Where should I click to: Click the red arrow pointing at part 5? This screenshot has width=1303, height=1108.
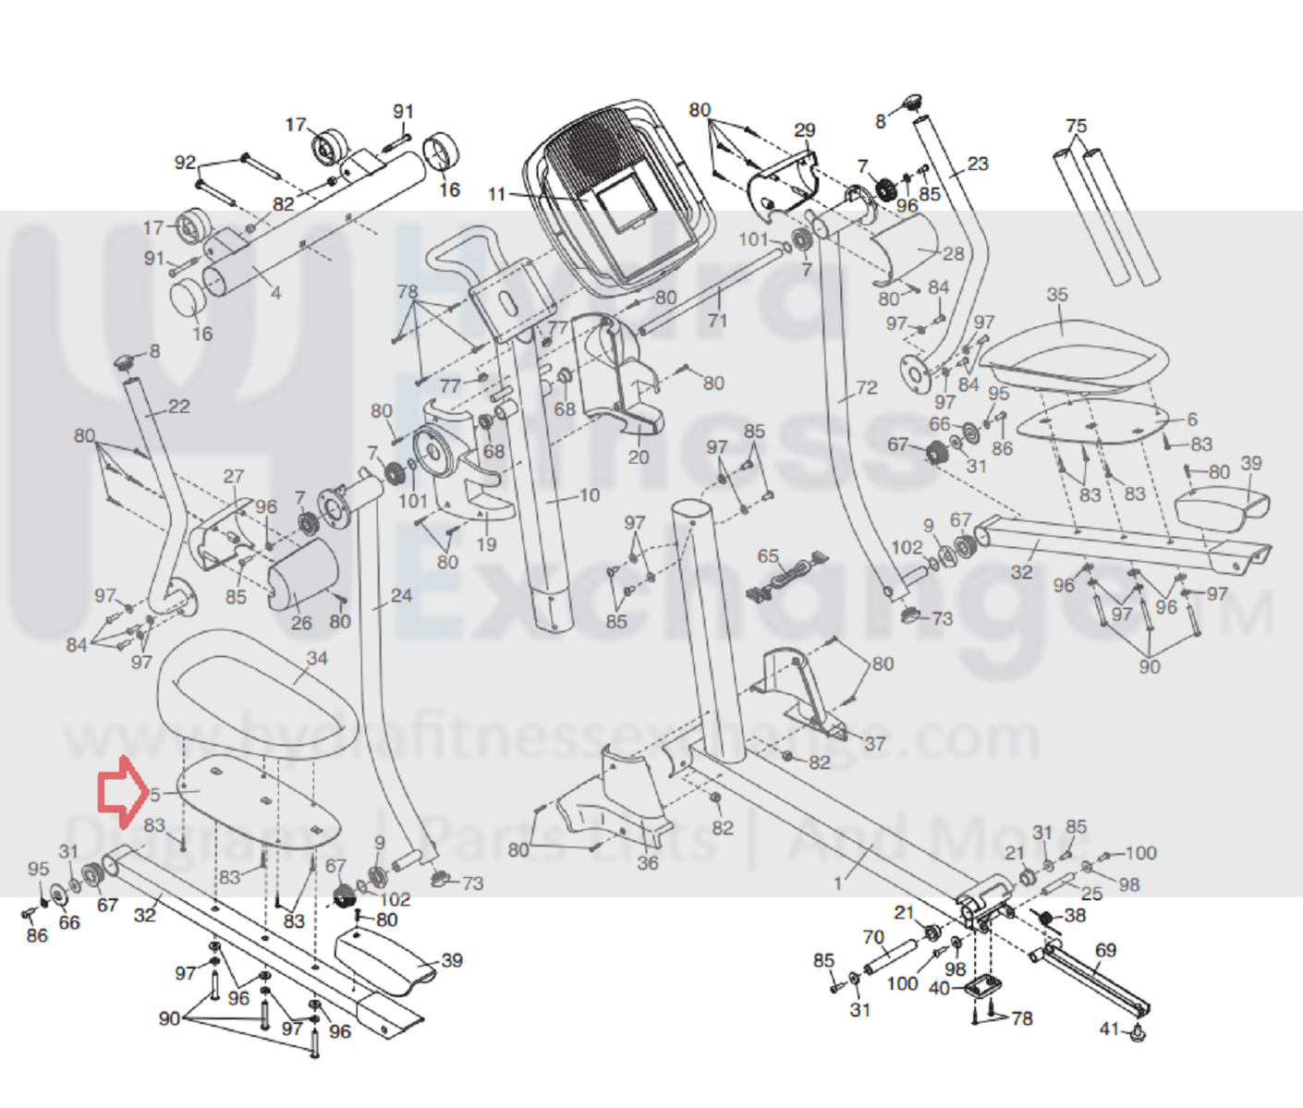[121, 791]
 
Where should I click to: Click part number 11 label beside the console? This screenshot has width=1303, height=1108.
[497, 195]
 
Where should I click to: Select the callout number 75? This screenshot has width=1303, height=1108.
[1076, 126]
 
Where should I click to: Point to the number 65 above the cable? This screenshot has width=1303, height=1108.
[768, 556]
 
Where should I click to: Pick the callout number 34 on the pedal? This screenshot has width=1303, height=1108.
[317, 658]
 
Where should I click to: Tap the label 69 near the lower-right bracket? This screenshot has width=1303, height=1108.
[1105, 950]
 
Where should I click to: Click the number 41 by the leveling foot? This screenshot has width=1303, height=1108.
[1110, 1029]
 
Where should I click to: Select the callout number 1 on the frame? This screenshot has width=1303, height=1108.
[838, 884]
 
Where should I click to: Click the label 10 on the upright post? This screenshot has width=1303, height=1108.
[590, 495]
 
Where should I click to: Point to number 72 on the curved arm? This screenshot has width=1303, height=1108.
[867, 388]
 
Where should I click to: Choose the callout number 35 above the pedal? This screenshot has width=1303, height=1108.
[1057, 295]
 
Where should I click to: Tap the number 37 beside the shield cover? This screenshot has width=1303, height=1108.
[874, 743]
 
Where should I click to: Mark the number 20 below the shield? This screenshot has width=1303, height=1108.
[639, 457]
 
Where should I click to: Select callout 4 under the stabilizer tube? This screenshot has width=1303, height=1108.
[275, 293]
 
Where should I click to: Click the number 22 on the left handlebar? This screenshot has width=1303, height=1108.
[178, 407]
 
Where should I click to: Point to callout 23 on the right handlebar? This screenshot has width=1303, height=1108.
[978, 164]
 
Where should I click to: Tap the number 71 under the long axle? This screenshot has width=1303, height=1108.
[717, 321]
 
